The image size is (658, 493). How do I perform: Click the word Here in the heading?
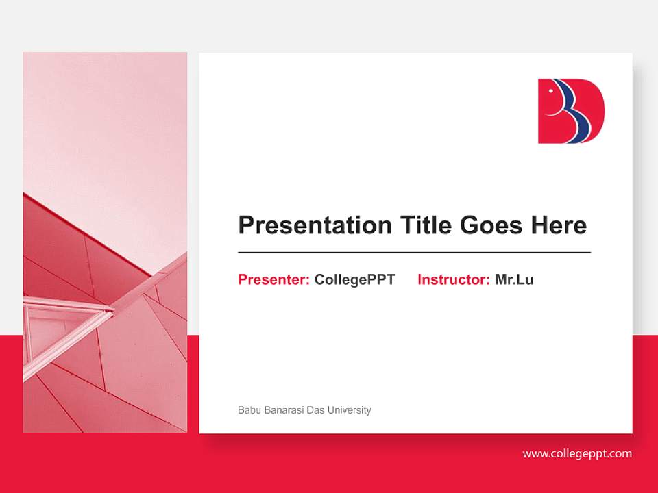click(559, 225)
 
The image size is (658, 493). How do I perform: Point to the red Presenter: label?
click(273, 279)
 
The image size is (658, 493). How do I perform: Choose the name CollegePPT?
click(354, 279)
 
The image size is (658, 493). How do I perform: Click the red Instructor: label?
click(453, 279)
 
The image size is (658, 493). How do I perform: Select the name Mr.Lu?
click(514, 279)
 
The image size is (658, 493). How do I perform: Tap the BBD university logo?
click(571, 111)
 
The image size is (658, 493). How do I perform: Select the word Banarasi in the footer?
click(282, 410)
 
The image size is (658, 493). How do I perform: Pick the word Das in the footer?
click(315, 410)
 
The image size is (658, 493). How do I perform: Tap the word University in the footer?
click(349, 410)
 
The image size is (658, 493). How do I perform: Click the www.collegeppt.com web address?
click(577, 453)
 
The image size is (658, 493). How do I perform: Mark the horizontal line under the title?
click(414, 253)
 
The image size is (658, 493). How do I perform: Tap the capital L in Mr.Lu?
click(520, 279)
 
